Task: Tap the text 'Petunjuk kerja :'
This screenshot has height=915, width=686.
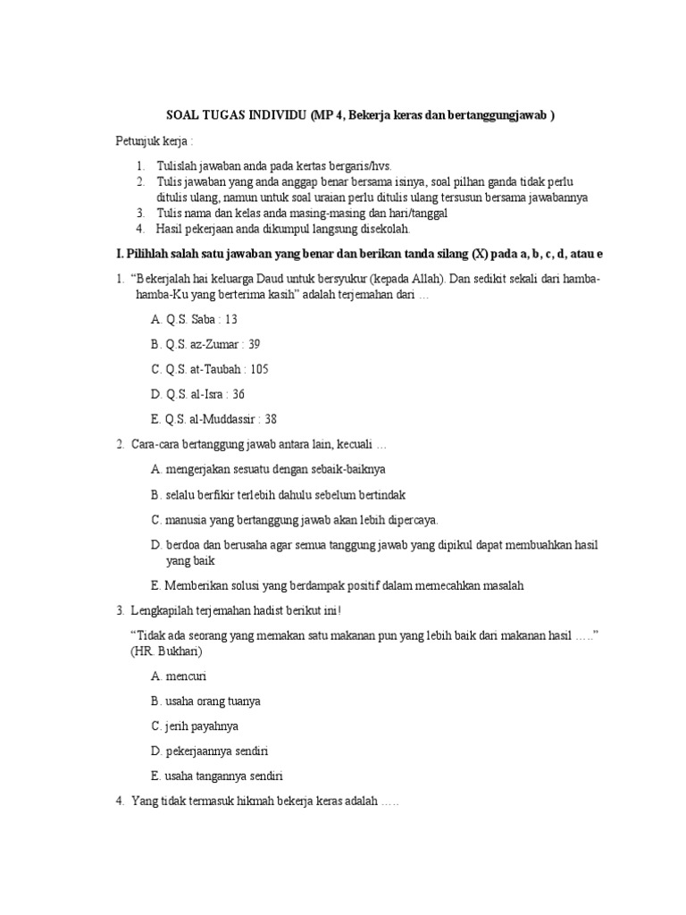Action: [155, 141]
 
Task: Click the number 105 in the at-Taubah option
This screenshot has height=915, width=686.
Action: [258, 369]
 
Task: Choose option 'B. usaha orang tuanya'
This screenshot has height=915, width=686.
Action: [205, 701]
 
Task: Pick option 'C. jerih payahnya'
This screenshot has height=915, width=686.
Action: [195, 726]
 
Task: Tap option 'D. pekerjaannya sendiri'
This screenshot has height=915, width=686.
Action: [210, 751]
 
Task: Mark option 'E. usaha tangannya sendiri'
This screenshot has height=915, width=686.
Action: [217, 776]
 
